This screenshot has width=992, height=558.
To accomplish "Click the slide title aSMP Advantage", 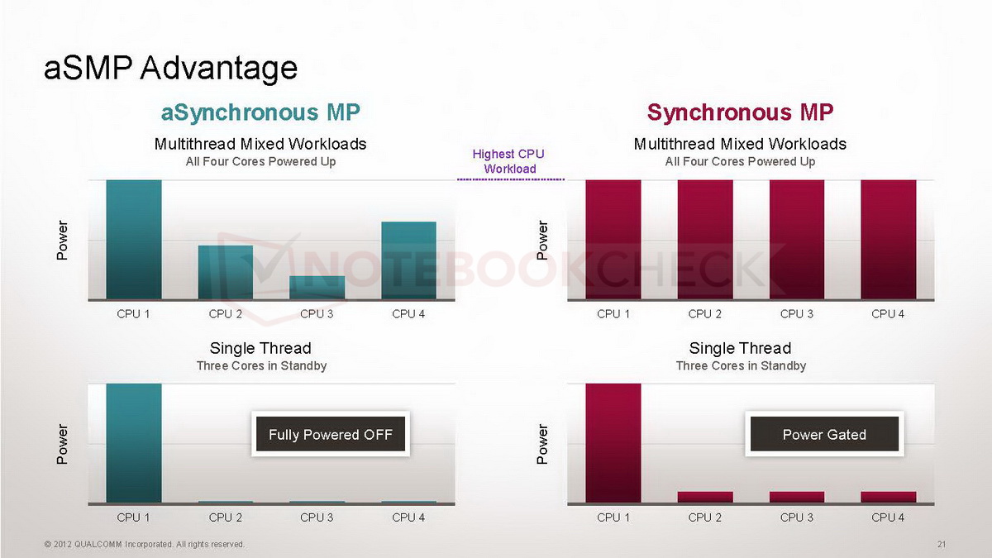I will point(170,68).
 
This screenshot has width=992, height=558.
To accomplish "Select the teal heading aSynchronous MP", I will point(260,112).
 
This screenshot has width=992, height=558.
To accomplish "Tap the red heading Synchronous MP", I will point(740,112).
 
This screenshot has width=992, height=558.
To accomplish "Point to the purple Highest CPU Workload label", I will point(509,161).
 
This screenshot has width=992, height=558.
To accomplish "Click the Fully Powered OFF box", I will point(330,435).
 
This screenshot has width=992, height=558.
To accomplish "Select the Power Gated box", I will point(824,435).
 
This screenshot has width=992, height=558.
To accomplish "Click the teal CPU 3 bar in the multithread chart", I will point(317,288).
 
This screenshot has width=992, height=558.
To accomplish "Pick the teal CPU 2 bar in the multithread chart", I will point(225,273).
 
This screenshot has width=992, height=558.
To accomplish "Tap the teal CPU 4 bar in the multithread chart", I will point(408,260).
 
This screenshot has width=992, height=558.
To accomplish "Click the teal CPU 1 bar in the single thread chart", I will point(134,443).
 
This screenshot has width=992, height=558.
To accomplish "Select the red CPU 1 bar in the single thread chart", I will point(613,443).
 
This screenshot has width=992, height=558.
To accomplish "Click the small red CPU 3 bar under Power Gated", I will point(797,497).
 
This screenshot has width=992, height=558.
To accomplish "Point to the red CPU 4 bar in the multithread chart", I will point(889,240).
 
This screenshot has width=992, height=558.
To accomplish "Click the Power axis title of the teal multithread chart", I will point(62,240).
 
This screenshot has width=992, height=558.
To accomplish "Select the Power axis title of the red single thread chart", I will point(542,444).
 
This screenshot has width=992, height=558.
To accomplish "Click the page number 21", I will point(941,544).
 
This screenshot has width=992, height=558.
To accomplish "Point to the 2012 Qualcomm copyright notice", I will point(145,544).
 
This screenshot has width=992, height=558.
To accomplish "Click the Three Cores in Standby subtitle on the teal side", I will point(261,365).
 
